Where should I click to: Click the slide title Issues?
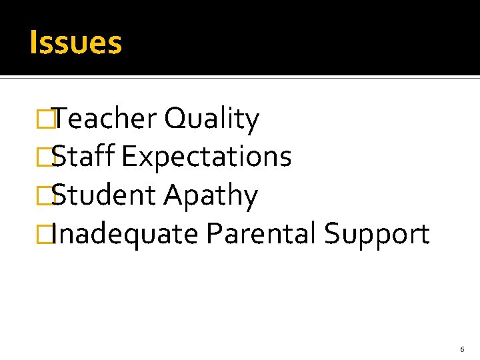[75, 43]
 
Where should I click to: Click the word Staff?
[83, 157]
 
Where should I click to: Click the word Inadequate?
[125, 235]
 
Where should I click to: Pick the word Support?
[377, 235]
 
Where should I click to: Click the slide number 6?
[462, 349]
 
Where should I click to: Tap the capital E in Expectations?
[129, 157]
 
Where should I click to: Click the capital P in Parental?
[213, 234]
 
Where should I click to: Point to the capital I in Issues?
[33, 43]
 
